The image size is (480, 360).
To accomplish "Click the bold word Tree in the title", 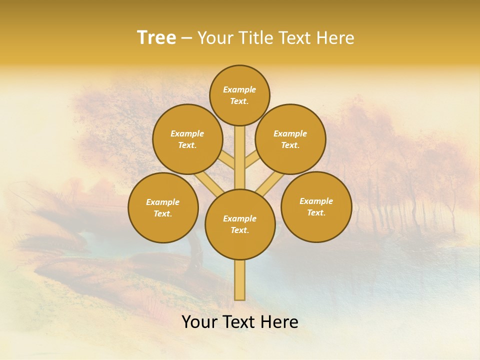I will (156, 37).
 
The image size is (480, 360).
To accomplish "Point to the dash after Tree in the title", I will (186, 38).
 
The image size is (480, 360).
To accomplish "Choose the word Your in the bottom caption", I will (199, 322).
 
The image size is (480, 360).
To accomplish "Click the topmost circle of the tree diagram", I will (239, 95).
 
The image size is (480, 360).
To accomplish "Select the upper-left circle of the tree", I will (187, 139).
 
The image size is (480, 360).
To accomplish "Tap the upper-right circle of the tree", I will (290, 139).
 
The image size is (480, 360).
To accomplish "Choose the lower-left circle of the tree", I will (163, 207).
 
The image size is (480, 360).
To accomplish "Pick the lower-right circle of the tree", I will (316, 206).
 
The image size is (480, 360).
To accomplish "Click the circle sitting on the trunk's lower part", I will (240, 224).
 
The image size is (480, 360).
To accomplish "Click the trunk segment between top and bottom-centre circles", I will (240, 157).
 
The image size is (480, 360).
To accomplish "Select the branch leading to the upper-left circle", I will (228, 161).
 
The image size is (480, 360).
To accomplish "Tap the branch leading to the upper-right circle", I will (251, 161).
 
